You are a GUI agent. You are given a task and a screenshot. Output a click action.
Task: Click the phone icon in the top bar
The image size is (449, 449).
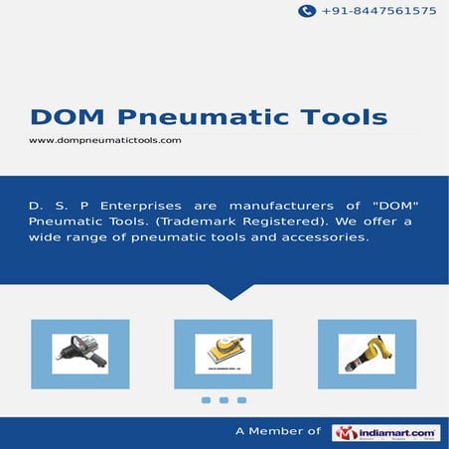coord(307,11)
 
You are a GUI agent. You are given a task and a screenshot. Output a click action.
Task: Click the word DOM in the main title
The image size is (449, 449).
coord(63,118)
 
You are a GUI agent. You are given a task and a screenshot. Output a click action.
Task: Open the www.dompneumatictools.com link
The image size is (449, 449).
coord(104,141)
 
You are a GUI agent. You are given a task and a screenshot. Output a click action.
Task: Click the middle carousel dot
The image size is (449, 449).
coord(224,400)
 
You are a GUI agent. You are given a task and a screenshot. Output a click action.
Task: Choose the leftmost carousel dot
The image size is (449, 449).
coord(206,400)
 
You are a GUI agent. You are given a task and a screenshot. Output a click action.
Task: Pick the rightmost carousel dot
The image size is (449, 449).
coord(241,400)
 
